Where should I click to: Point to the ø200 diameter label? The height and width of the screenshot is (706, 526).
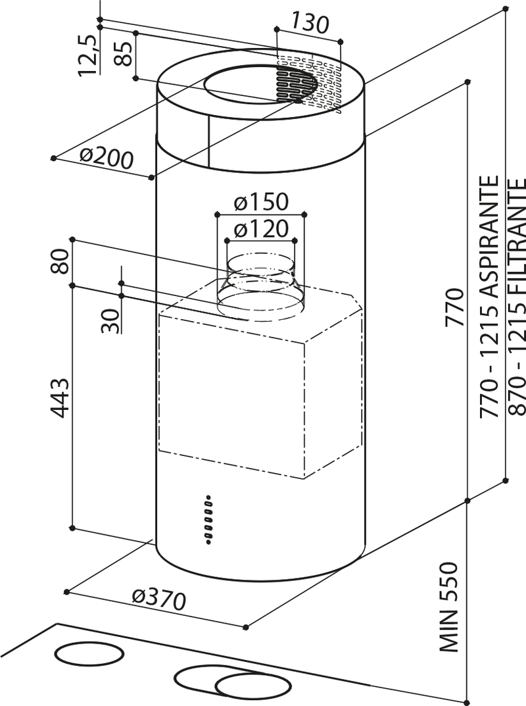click(106, 157)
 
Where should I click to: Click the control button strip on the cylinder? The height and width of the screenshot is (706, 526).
click(208, 520)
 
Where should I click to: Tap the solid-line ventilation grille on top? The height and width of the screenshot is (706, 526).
click(294, 84)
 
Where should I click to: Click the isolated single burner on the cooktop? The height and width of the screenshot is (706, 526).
click(89, 655)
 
